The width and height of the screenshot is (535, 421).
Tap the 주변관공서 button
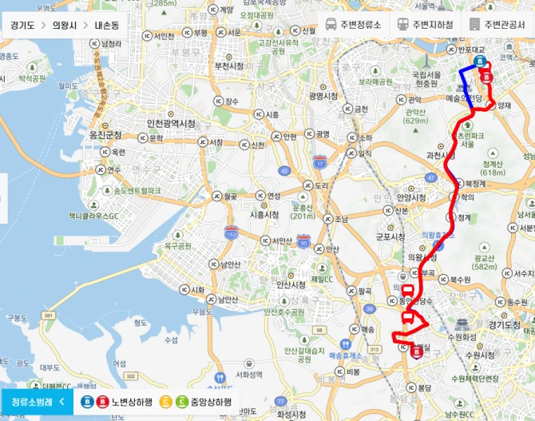point(499,24)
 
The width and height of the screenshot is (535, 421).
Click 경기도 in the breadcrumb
point(22,25)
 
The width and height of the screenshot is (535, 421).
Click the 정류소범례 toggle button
point(37,402)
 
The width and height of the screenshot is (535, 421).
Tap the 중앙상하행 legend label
point(209,402)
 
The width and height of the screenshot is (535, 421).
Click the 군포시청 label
point(391,236)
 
